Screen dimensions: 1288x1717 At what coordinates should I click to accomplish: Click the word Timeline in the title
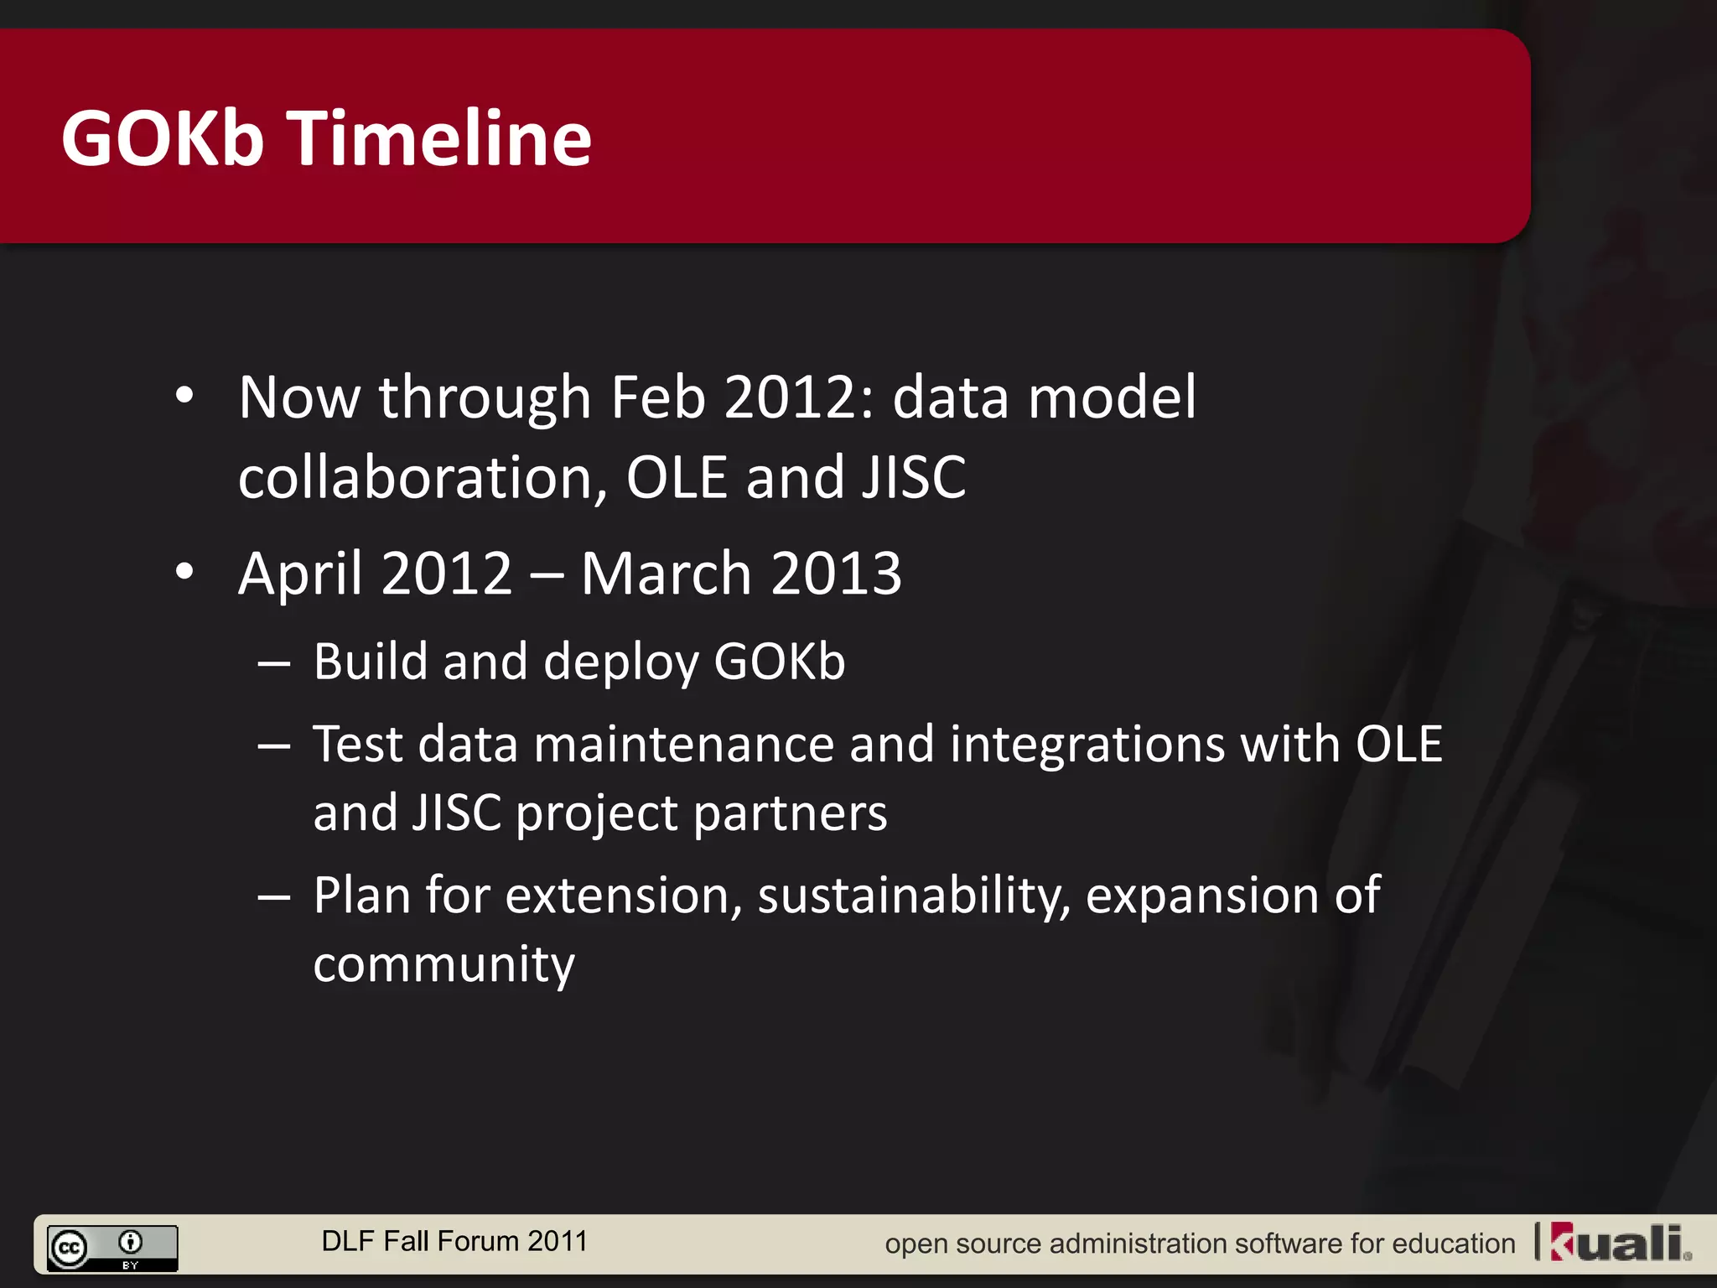(441, 138)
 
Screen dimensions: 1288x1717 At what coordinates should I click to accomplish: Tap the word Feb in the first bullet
(658, 397)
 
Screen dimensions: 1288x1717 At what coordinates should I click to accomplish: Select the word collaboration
(422, 478)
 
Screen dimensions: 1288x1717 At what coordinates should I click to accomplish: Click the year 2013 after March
(836, 574)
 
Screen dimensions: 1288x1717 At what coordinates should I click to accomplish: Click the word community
(444, 964)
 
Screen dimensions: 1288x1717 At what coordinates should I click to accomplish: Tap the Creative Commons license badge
(112, 1248)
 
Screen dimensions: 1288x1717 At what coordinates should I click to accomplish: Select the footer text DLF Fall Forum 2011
(454, 1241)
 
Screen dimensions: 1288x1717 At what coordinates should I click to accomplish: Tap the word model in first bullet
(1112, 397)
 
